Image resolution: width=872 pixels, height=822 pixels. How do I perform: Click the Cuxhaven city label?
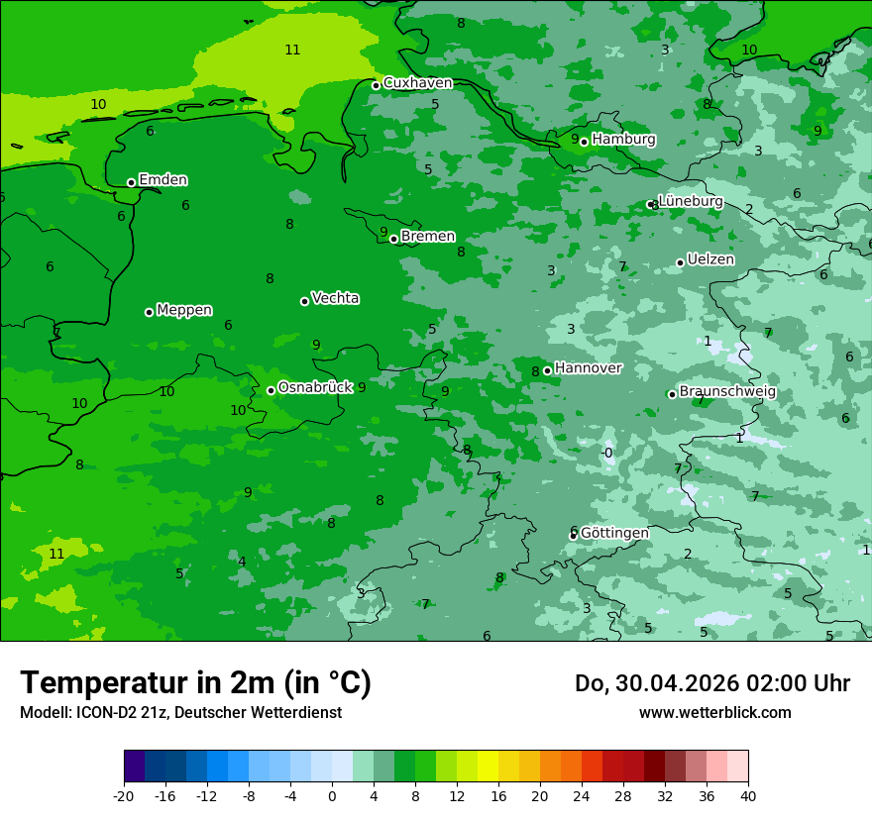[417, 83]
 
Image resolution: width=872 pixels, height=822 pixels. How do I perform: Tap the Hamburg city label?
[623, 140]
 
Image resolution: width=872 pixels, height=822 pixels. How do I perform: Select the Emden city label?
[163, 180]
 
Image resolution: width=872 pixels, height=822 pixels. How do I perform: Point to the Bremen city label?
[428, 237]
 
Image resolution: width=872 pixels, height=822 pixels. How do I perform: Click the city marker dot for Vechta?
[304, 301]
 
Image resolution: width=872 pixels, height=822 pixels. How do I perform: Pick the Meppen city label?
[184, 310]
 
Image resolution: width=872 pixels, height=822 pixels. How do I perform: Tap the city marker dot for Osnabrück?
[271, 390]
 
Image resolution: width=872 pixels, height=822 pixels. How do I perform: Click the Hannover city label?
[588, 368]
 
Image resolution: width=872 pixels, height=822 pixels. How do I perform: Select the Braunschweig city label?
[727, 392]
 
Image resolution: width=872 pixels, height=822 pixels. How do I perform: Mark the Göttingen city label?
[614, 533]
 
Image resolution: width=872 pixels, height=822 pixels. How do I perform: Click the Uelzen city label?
[710, 260]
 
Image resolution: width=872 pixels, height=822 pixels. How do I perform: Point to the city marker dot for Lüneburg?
[651, 205]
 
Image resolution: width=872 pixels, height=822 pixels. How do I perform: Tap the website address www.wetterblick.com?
[714, 712]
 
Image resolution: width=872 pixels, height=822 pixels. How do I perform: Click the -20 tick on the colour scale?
[124, 795]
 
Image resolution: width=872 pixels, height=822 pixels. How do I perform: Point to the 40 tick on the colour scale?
[748, 795]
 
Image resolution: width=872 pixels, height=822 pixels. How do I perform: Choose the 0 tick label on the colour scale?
[332, 795]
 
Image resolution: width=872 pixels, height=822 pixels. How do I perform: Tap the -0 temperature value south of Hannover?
[607, 454]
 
